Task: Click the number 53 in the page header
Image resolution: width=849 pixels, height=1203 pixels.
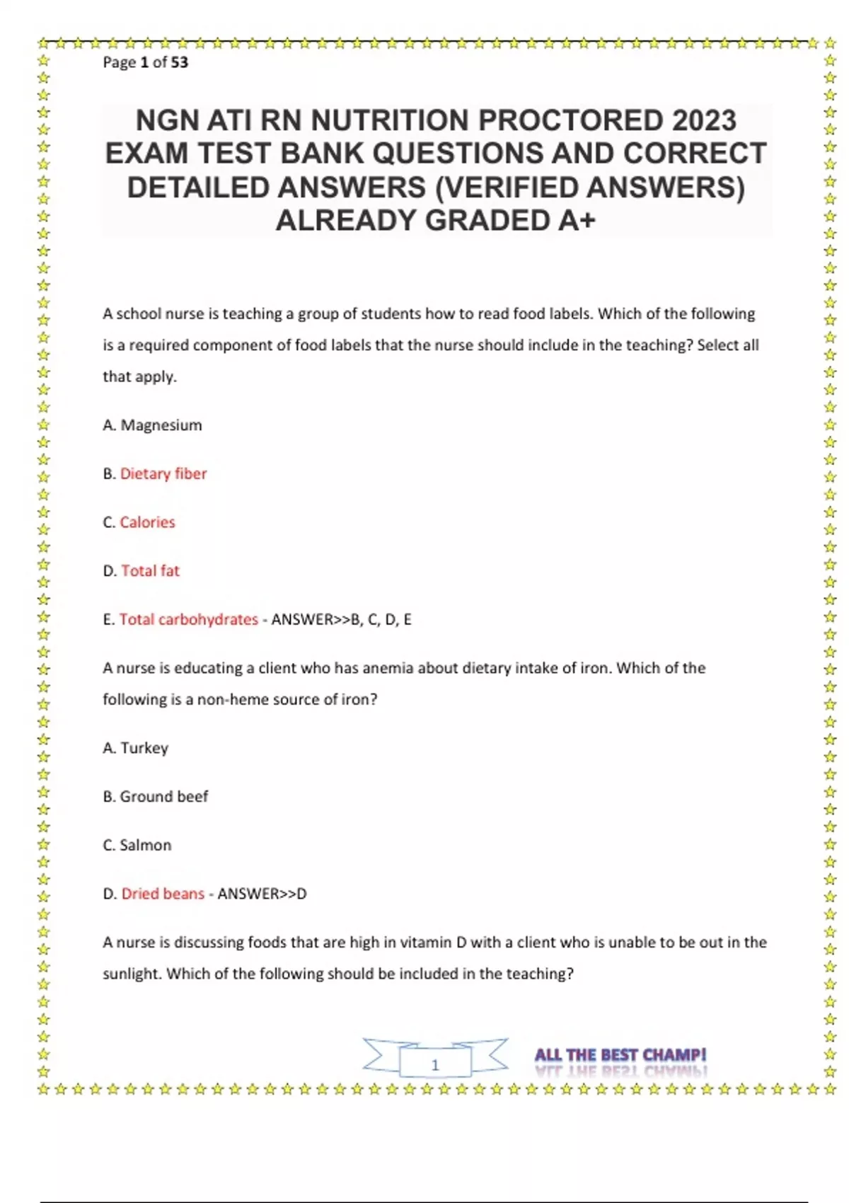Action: (x=179, y=62)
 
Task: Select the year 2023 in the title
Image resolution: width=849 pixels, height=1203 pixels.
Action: (x=704, y=121)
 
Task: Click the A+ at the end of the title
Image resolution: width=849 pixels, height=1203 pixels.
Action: (x=577, y=221)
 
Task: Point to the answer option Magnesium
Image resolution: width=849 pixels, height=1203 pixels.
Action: (x=161, y=425)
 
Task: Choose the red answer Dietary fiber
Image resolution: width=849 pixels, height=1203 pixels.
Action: (x=163, y=473)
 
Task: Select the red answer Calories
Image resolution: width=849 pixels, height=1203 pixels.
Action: (x=147, y=522)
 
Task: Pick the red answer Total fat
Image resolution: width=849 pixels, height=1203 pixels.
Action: (x=150, y=571)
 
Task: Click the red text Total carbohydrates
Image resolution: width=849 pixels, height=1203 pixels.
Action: (x=188, y=619)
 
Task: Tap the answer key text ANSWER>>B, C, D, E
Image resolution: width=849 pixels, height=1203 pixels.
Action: (x=341, y=620)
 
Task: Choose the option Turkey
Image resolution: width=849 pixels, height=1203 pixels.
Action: (x=144, y=748)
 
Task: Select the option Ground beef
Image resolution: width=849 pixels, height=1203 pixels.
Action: (x=163, y=797)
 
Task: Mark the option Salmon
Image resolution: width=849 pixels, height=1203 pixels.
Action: (x=145, y=845)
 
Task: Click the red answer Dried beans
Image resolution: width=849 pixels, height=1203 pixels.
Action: (x=163, y=894)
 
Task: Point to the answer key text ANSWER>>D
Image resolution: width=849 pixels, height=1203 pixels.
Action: (x=262, y=894)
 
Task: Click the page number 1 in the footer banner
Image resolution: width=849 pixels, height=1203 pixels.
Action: (x=435, y=1064)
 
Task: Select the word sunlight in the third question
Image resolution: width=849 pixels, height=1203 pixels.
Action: (x=132, y=974)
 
